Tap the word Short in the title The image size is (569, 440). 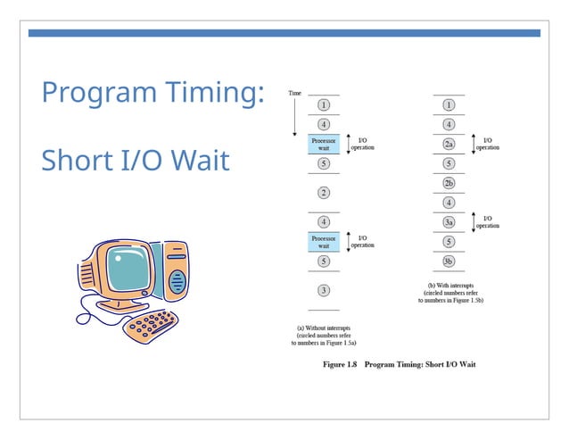pos(78,161)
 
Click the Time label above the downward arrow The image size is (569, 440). pos(294,93)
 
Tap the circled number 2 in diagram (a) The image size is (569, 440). pos(324,192)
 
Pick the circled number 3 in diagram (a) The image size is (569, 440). pos(324,290)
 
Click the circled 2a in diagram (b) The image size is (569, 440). pos(449,144)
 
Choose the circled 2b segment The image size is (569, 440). pos(449,183)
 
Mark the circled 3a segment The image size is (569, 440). pos(449,222)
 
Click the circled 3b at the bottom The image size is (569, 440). pos(449,261)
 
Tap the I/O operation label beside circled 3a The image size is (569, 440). pos(487,221)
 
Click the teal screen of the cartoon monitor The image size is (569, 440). pos(128,271)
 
